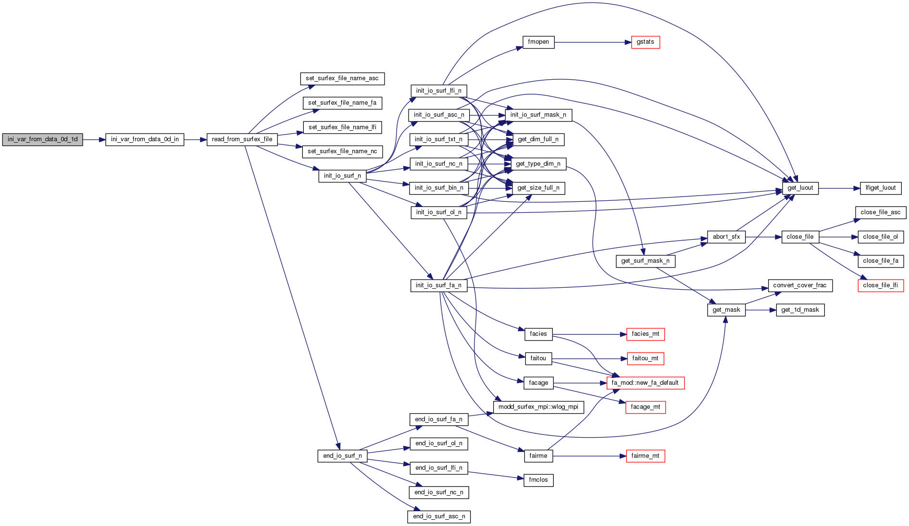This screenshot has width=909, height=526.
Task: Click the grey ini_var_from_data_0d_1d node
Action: click(x=42, y=140)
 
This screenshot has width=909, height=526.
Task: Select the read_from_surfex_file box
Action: click(x=242, y=140)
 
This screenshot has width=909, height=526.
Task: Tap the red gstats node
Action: click(x=645, y=42)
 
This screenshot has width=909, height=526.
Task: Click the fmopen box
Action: click(x=538, y=42)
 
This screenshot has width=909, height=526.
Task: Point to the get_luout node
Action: click(x=800, y=188)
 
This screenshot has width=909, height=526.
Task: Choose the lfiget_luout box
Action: click(x=881, y=188)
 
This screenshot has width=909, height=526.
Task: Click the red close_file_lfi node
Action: click(x=881, y=286)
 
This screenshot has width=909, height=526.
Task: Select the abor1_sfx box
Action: click(x=726, y=237)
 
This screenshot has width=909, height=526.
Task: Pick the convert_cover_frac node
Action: click(x=800, y=286)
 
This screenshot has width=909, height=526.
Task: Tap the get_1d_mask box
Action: click(x=800, y=310)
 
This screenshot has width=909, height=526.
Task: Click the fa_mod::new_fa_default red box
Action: click(x=645, y=383)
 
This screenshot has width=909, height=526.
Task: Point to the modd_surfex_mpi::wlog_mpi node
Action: click(x=538, y=407)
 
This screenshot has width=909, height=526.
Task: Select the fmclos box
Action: click(x=538, y=480)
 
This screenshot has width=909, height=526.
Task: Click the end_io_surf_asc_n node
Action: click(x=439, y=517)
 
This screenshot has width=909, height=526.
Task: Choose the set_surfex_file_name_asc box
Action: click(x=342, y=79)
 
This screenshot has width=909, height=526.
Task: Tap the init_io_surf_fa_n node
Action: click(x=438, y=286)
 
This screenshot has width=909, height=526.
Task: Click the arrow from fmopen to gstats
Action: click(x=591, y=42)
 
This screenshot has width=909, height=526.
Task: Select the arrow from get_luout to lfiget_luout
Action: click(x=839, y=188)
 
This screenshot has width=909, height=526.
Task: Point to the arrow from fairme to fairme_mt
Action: click(x=589, y=456)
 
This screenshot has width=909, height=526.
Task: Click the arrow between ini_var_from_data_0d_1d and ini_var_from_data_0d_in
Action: click(x=94, y=140)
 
